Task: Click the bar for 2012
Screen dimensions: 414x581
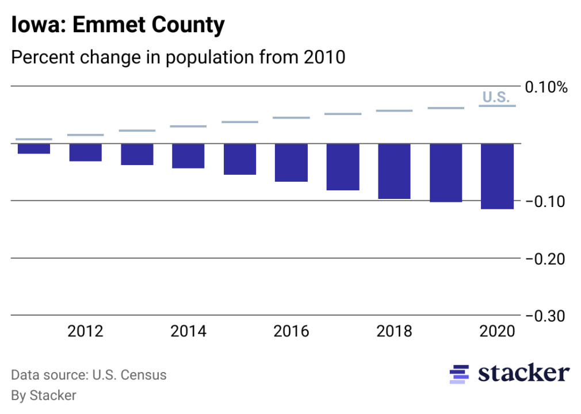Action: [x=86, y=152]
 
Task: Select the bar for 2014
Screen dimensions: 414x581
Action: [x=188, y=156]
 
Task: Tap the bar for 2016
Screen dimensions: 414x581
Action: [x=291, y=163]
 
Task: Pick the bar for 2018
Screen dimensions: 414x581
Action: [x=394, y=171]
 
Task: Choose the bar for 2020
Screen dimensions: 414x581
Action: [x=497, y=176]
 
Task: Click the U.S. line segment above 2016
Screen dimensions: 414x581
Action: [x=291, y=118]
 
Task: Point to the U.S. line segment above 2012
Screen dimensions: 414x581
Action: [x=86, y=135]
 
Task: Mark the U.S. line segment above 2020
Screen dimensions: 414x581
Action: [x=497, y=106]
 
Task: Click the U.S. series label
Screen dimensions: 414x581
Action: [x=496, y=97]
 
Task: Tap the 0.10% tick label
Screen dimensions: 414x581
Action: [x=546, y=87]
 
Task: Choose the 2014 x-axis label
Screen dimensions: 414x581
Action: [x=188, y=332]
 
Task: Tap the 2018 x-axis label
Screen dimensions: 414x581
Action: [x=394, y=332]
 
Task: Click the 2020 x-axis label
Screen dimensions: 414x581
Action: [x=497, y=332]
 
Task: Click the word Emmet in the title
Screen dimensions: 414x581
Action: [x=100, y=26]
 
